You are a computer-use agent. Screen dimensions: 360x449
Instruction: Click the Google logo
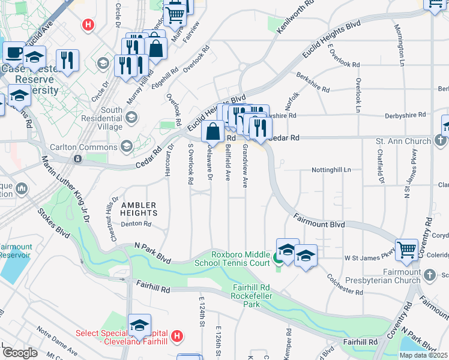20,353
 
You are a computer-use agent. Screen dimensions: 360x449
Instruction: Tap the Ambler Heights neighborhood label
139,209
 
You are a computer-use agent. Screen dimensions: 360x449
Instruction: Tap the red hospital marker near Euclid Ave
89,25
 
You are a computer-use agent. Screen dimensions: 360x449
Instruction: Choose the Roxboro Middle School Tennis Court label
232,258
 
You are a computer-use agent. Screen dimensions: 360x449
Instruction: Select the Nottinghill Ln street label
331,170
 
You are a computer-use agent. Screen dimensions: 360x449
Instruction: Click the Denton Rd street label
134,224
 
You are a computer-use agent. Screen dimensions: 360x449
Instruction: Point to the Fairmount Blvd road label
319,220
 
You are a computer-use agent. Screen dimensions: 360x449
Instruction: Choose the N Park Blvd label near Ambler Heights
153,251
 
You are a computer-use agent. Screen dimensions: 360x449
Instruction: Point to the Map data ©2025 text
424,355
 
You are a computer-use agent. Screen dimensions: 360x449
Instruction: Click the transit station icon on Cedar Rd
78,159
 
